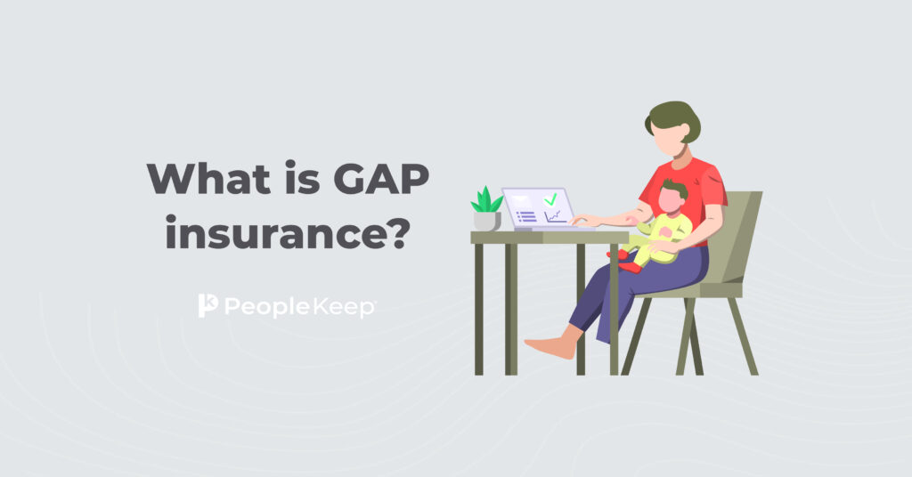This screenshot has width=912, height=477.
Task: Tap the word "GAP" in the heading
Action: (381, 178)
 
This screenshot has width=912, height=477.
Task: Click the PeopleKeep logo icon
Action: (208, 305)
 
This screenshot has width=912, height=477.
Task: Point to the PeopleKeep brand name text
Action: (300, 307)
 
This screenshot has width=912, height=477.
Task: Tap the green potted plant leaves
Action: (487, 200)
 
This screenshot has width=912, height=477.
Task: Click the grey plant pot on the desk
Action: (487, 222)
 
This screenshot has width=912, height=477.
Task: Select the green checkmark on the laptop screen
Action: (550, 200)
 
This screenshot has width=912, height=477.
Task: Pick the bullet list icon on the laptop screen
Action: (526, 216)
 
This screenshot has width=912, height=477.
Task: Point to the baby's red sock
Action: (630, 267)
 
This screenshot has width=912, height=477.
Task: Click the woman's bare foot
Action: (550, 347)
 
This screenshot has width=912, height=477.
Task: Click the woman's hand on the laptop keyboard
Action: (584, 220)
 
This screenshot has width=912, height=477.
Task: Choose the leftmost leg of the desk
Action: (478, 309)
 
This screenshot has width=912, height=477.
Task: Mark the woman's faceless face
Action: (666, 140)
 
